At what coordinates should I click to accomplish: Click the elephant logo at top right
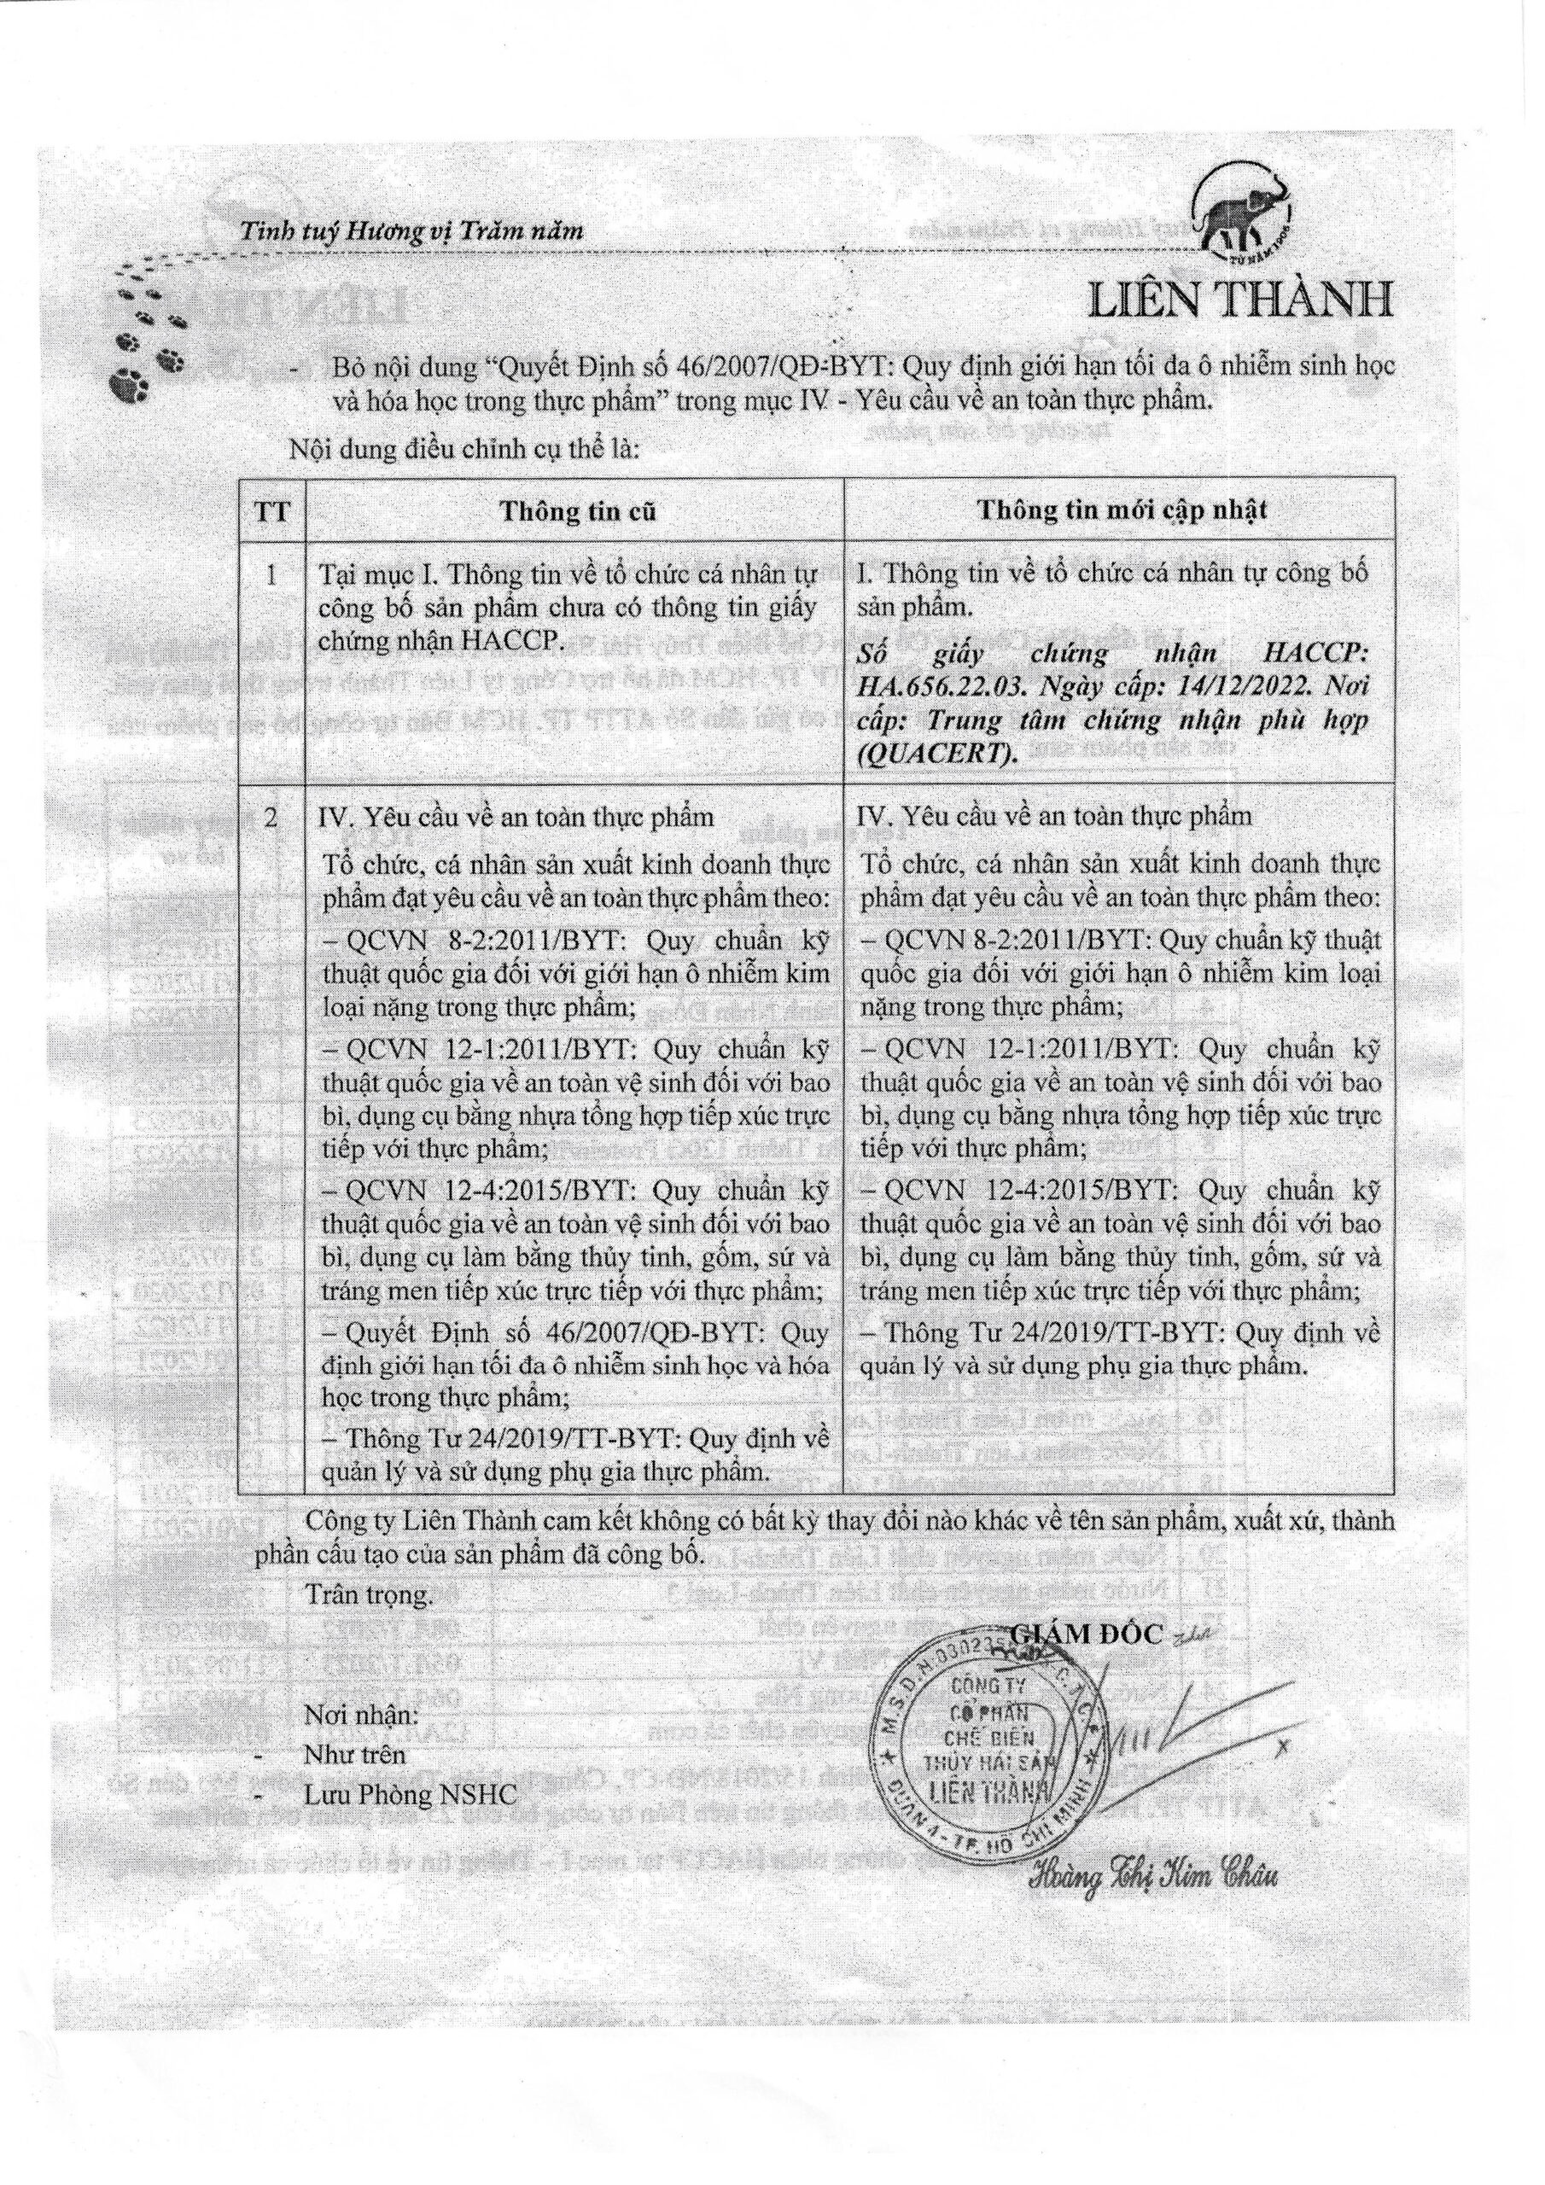point(1245,213)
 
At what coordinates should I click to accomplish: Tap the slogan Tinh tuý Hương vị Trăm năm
point(411,230)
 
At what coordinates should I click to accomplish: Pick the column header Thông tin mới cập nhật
point(1122,510)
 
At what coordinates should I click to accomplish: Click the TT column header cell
point(271,512)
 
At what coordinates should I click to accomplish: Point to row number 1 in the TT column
point(271,574)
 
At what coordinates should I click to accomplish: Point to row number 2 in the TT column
point(271,818)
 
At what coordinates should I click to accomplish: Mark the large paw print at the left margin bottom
point(125,387)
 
